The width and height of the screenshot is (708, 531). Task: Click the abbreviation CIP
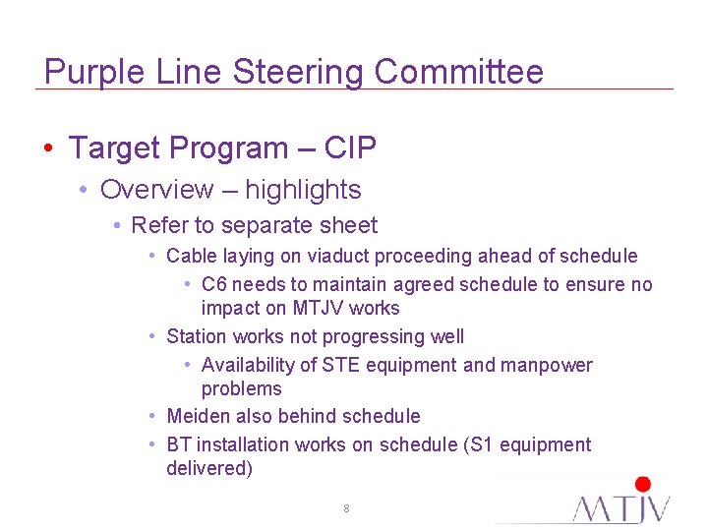tap(350, 148)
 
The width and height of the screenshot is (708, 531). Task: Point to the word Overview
tap(156, 190)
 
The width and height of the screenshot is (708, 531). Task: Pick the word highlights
tap(303, 190)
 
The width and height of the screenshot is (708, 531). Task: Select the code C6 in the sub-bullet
tap(213, 284)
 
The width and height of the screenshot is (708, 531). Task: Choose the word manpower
tap(547, 365)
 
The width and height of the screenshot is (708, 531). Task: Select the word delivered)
tap(208, 468)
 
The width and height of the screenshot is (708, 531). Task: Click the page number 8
tap(346, 508)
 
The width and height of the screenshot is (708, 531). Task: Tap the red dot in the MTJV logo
tap(643, 484)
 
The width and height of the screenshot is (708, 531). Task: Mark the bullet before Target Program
tap(48, 149)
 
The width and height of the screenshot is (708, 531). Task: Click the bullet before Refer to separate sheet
tap(116, 226)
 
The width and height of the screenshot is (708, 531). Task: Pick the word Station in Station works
tap(197, 337)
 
